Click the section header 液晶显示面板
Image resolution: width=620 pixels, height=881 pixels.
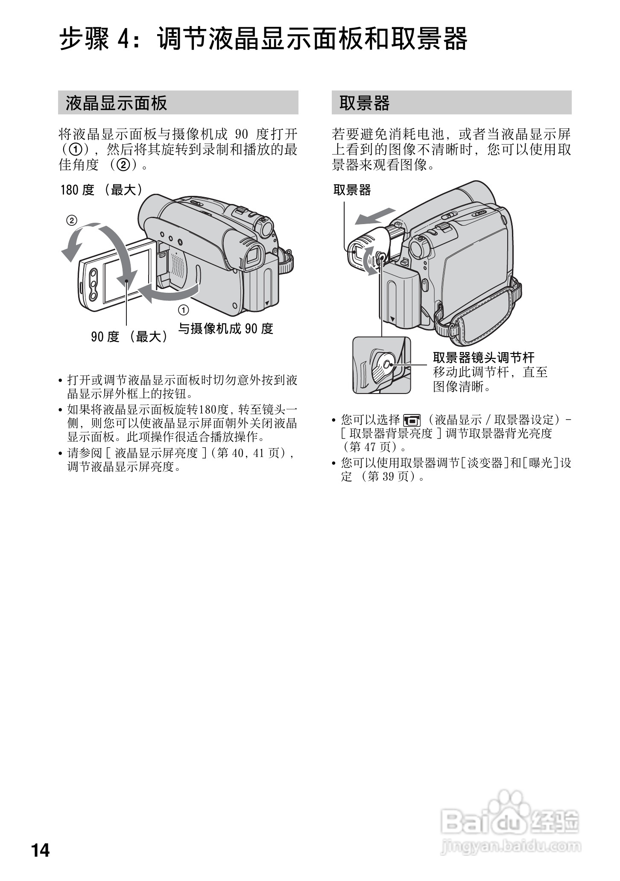point(116,103)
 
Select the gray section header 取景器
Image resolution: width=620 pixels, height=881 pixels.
point(365,103)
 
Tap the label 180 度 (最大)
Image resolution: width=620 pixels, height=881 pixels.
point(102,190)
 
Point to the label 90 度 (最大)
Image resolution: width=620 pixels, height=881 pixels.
point(129,337)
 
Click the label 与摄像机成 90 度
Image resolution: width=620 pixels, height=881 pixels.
point(225,328)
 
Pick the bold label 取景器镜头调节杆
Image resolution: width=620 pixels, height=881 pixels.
point(483,357)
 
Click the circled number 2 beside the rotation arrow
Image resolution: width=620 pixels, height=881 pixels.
point(71,221)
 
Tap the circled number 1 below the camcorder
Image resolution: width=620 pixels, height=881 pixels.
point(184,310)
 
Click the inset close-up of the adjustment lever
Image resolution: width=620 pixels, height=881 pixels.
point(382,365)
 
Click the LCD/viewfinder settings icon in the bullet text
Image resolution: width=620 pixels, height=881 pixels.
point(412,420)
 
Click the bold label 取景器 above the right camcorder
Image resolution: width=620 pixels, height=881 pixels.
point(352,190)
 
